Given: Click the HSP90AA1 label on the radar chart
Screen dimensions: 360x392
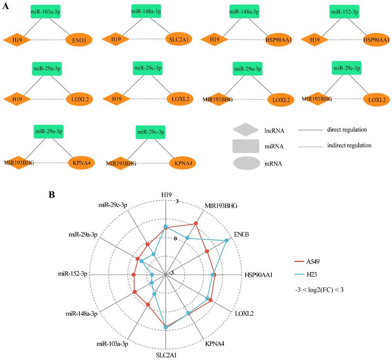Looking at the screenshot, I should [x=260, y=275].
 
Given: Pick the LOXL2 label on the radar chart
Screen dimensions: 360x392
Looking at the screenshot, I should [x=245, y=314].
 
